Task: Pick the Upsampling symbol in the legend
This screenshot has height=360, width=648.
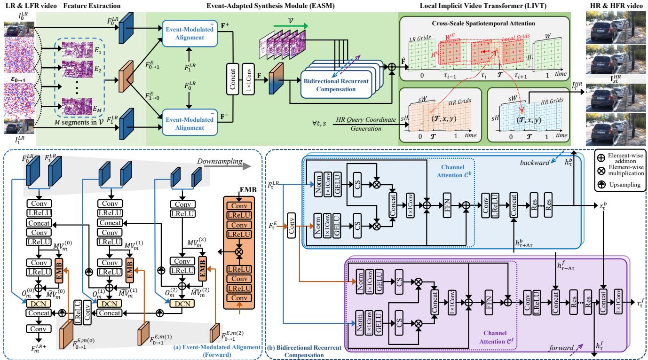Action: pos(599,185)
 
